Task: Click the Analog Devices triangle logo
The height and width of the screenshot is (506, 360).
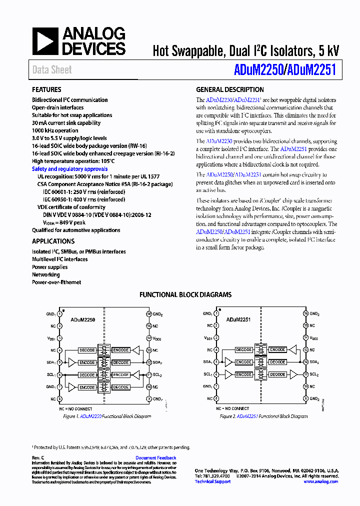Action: click(45, 41)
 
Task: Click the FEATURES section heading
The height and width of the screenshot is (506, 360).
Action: click(46, 90)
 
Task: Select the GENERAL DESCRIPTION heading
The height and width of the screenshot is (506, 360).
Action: click(229, 90)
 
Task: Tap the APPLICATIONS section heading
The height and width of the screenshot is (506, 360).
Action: click(53, 241)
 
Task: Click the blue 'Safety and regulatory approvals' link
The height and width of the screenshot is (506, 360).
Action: click(69, 169)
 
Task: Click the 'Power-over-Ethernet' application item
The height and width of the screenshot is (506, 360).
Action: click(56, 282)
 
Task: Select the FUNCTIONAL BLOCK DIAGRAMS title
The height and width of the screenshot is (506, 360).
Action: click(185, 295)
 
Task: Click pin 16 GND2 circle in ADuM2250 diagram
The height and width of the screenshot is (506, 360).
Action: click(148, 313)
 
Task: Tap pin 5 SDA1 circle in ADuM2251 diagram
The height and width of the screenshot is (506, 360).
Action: click(216, 362)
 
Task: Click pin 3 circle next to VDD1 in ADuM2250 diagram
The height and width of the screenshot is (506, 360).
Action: click(59, 338)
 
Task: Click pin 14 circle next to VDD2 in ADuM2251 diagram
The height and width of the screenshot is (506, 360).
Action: click(305, 338)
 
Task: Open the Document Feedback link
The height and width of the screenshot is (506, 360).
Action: click(155, 458)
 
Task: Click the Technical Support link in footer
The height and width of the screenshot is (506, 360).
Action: click(212, 481)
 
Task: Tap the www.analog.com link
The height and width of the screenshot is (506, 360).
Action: click(320, 481)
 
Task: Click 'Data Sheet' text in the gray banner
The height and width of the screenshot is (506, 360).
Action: click(52, 70)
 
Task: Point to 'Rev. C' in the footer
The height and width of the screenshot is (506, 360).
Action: click(38, 458)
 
